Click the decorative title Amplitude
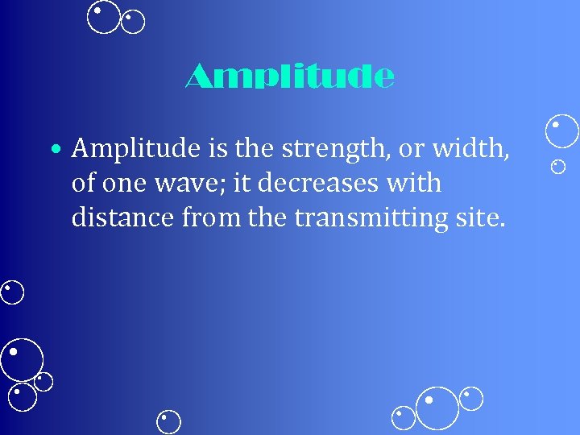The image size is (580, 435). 290,77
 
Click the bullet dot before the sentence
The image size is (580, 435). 53,149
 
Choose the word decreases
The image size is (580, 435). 313,183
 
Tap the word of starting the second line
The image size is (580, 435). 82,183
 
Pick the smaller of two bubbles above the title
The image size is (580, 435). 133,22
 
